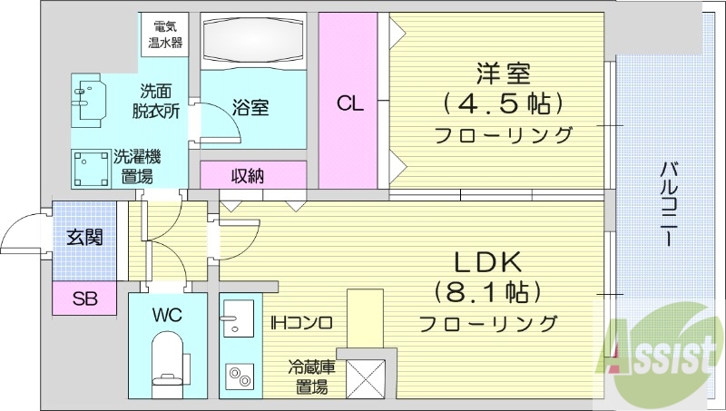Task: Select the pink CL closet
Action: tap(352, 102)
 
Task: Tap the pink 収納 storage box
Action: tap(246, 176)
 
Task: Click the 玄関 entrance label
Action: tap(84, 239)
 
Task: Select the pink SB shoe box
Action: tap(84, 298)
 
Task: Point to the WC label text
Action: tap(168, 316)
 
